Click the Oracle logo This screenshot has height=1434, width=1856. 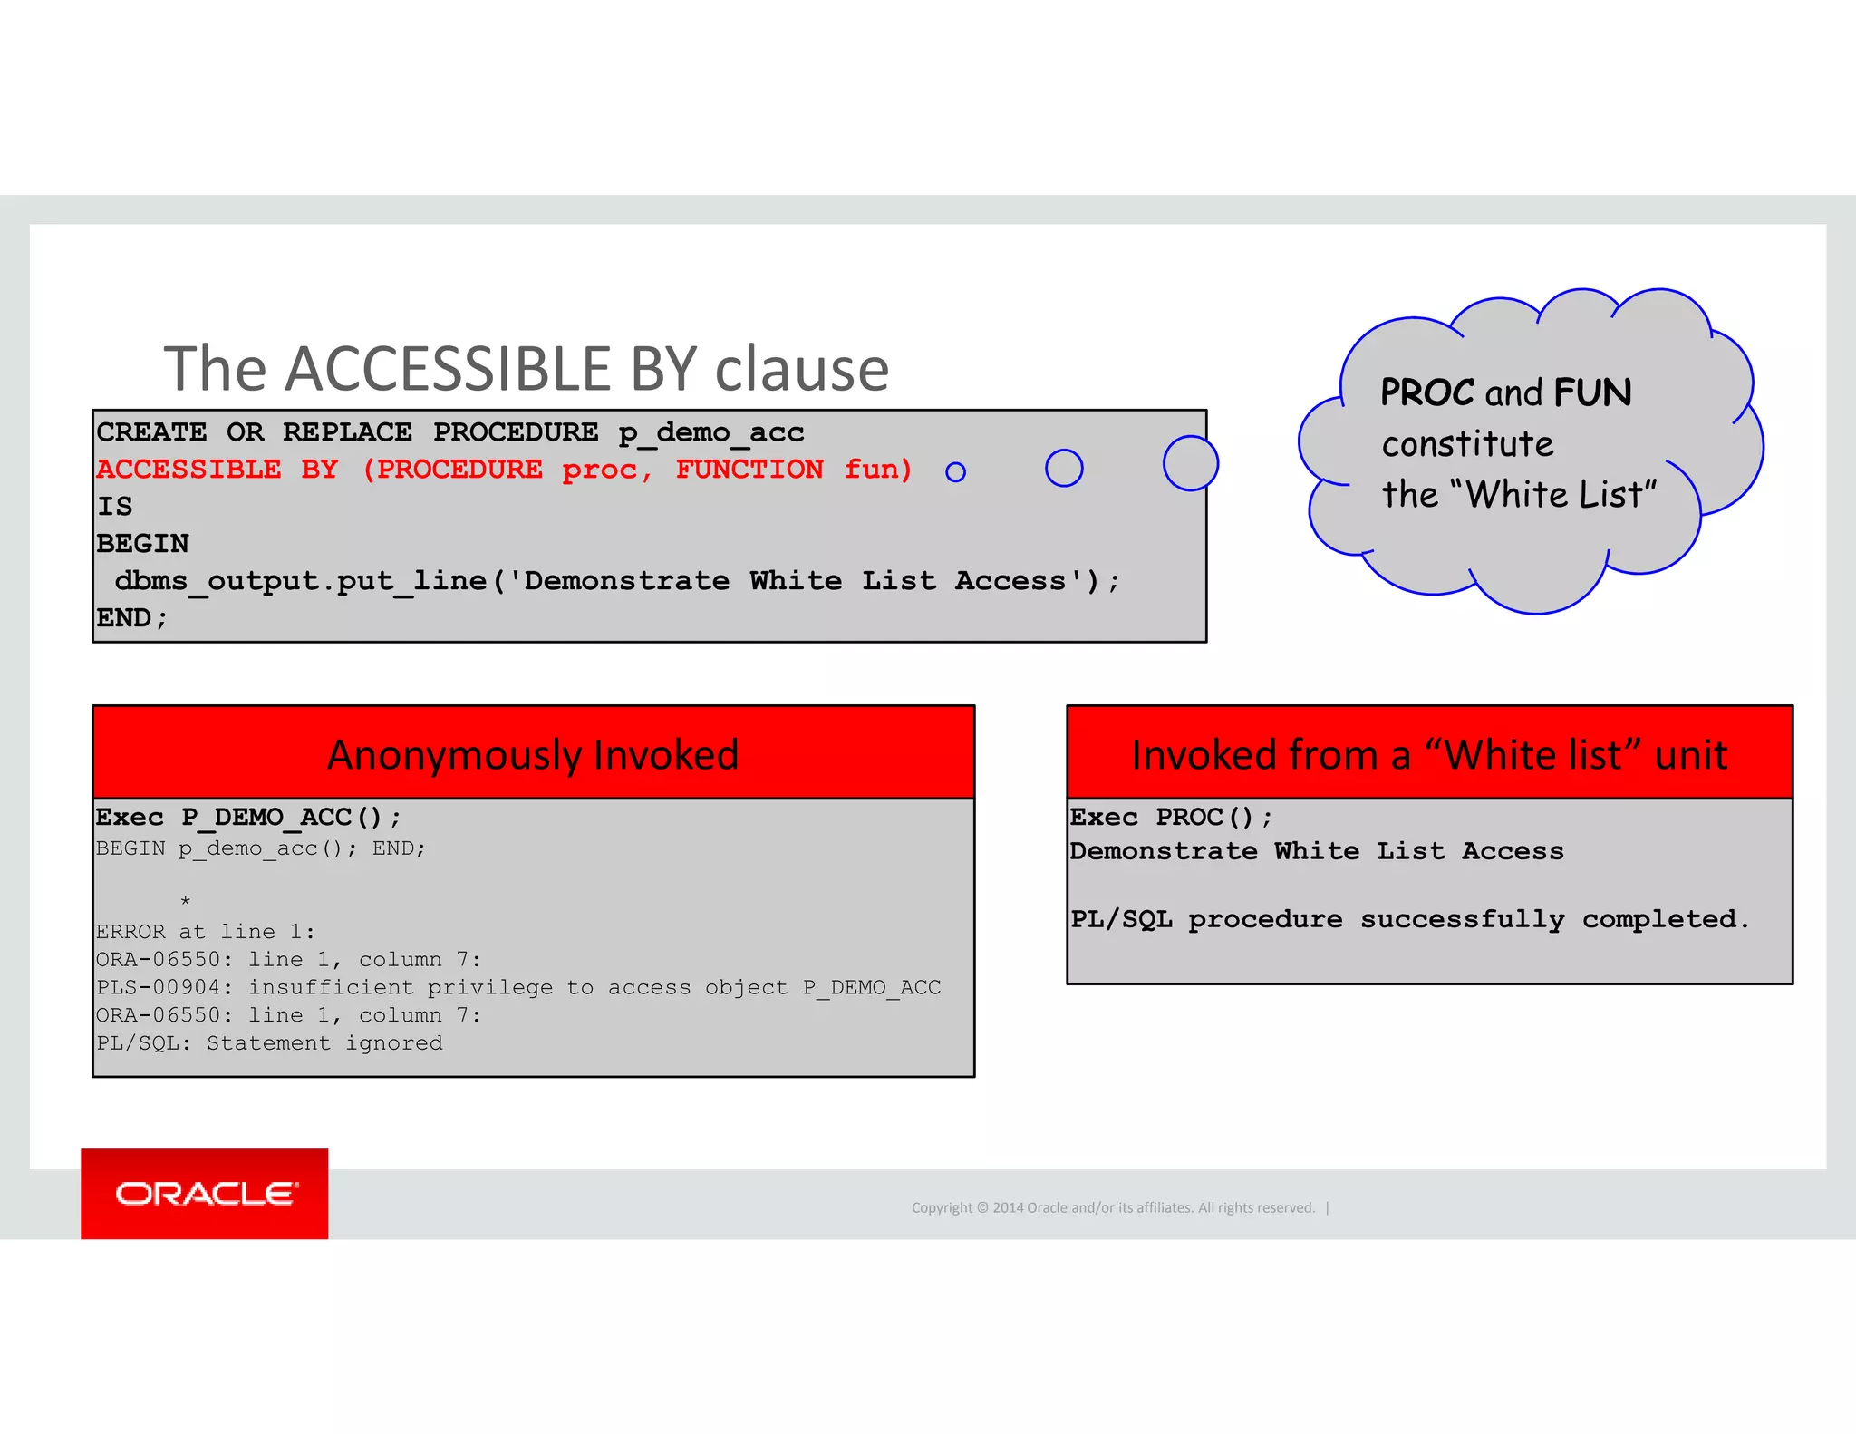click(205, 1193)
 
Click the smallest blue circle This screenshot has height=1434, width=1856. click(955, 471)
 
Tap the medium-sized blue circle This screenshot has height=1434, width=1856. click(1064, 468)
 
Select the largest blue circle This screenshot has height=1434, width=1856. click(1190, 463)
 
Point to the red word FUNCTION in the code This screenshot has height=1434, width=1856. click(749, 470)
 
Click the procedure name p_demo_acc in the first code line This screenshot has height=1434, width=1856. click(711, 432)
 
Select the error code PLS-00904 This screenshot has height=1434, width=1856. click(158, 987)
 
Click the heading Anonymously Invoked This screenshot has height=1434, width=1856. click(533, 755)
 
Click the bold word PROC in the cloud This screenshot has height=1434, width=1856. click(1427, 392)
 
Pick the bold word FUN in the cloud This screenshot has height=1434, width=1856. click(1592, 392)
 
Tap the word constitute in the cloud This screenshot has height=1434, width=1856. click(1467, 444)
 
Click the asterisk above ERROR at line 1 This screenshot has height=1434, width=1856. click(185, 901)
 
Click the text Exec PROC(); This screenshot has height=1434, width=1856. click(1171, 818)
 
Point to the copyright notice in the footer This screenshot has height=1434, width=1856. click(1113, 1207)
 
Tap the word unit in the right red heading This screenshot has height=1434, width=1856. click(1691, 755)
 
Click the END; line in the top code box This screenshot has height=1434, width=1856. click(132, 618)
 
